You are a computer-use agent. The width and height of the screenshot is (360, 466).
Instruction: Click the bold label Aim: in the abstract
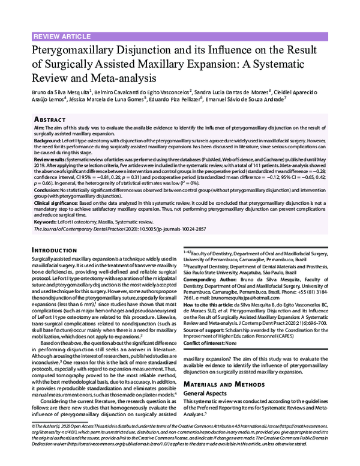[x=39, y=128]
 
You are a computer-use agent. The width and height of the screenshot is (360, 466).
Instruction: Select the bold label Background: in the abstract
[x=48, y=139]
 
